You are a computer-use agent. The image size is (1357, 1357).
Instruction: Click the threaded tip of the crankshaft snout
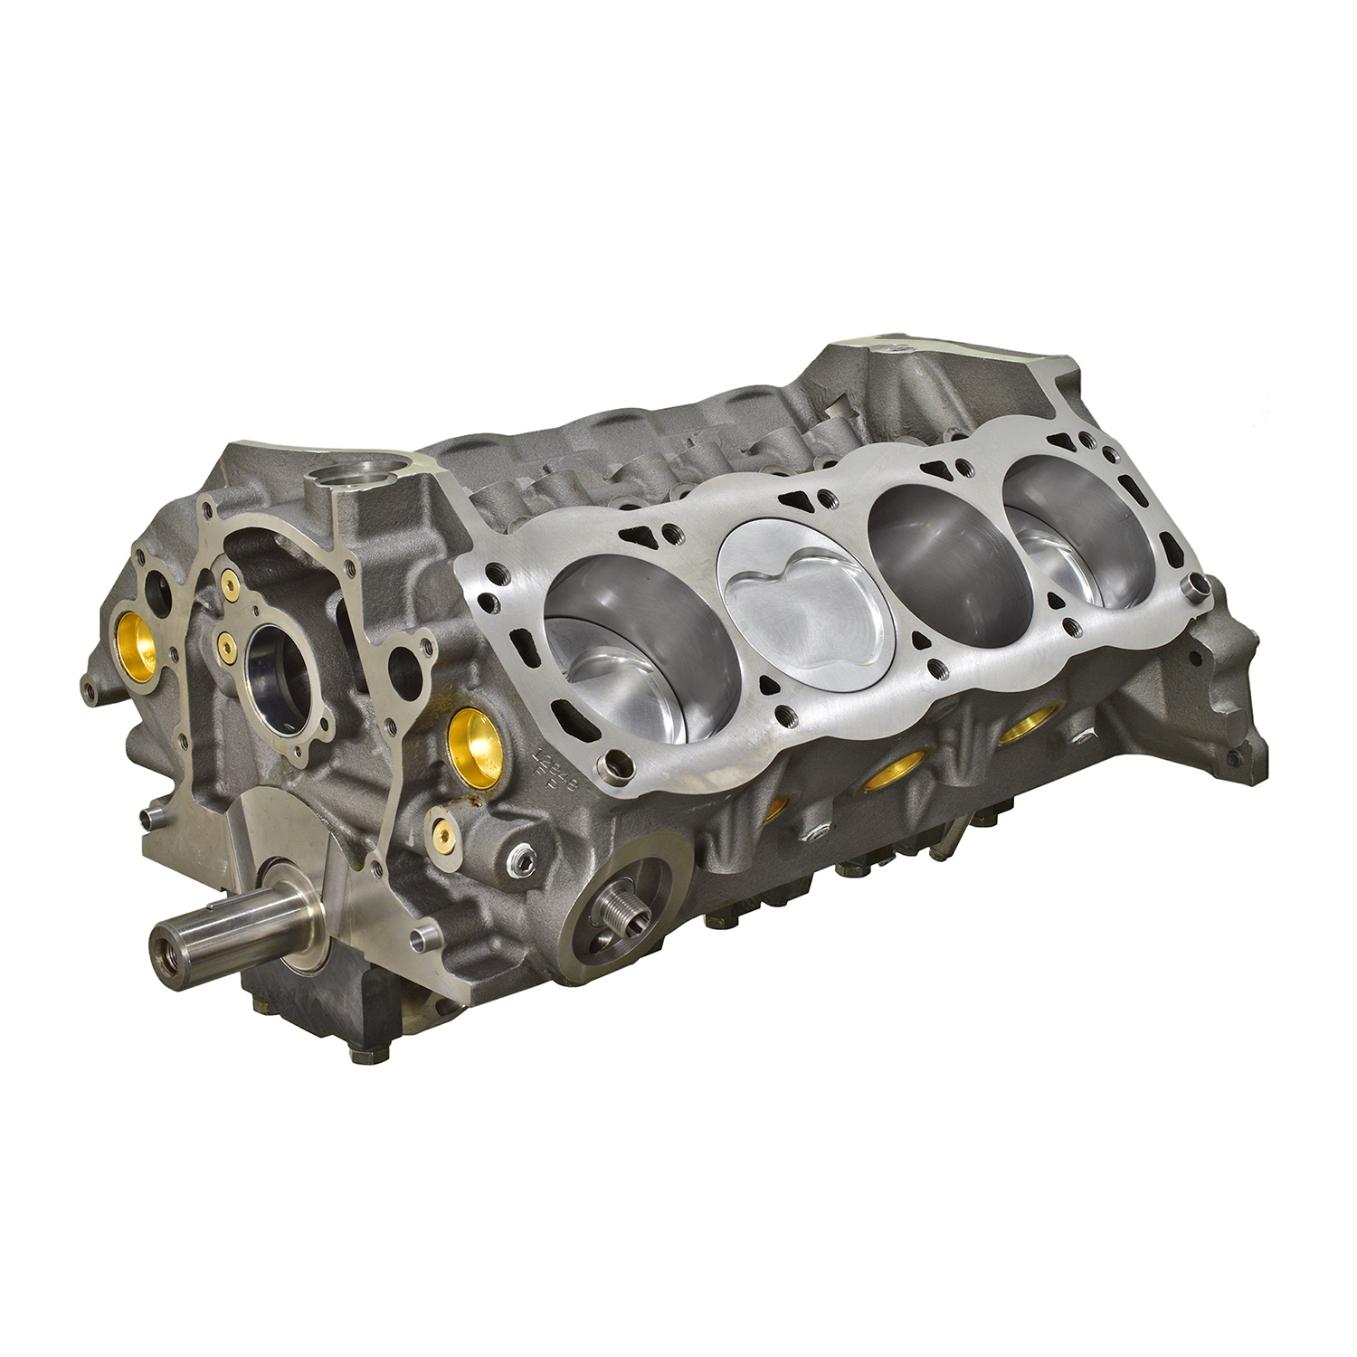point(168,951)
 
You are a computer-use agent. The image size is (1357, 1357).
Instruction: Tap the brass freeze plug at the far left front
point(138,641)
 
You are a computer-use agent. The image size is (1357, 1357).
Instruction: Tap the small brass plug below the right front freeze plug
point(441,828)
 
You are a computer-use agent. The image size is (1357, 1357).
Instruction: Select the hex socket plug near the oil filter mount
point(521,861)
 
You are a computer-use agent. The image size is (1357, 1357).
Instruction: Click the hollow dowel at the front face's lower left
point(149,817)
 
